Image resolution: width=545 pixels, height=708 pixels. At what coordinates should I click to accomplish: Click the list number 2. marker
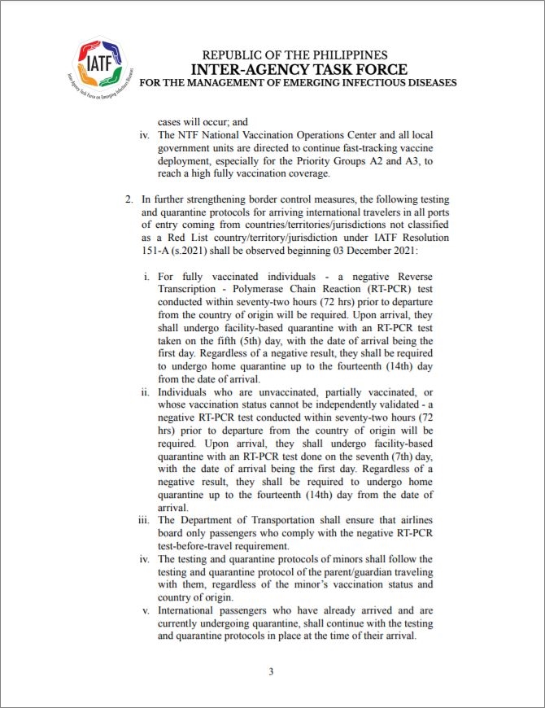coord(129,199)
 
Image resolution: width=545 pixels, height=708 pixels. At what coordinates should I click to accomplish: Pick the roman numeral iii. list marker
coord(146,520)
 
